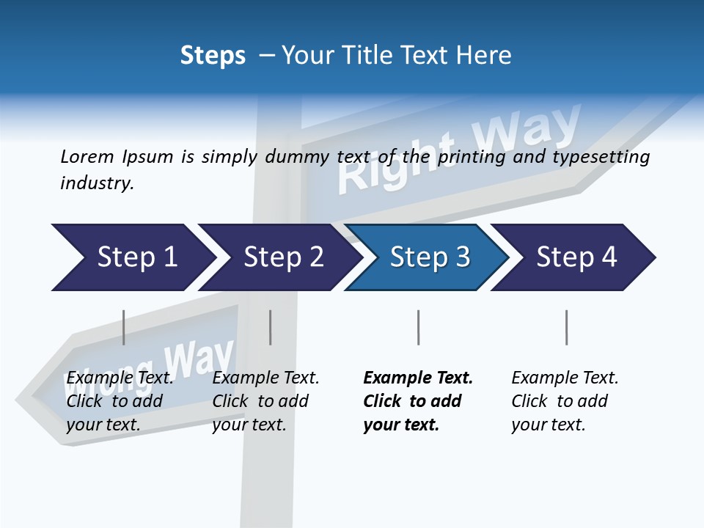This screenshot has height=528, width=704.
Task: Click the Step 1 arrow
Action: click(x=132, y=257)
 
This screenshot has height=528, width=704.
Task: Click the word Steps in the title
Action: click(x=213, y=56)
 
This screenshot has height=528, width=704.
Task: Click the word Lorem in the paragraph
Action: click(x=87, y=156)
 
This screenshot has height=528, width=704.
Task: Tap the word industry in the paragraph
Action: click(x=96, y=183)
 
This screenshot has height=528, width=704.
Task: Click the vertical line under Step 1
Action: click(x=123, y=327)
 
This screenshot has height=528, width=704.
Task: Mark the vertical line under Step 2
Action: click(x=271, y=327)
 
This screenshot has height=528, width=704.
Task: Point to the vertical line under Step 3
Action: click(x=418, y=327)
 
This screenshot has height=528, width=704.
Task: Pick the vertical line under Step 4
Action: click(x=566, y=327)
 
